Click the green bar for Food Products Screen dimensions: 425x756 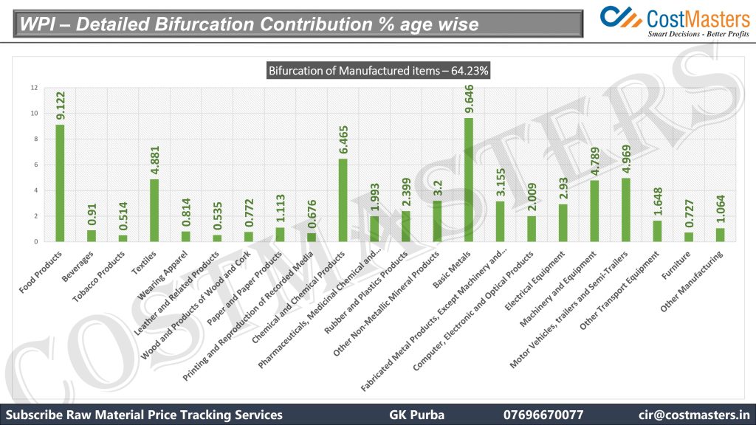coord(60,183)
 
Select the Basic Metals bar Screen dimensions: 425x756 coord(469,180)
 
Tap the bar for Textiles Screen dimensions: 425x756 coord(154,210)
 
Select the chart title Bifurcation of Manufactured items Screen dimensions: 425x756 coord(379,71)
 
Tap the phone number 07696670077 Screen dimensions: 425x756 coord(543,415)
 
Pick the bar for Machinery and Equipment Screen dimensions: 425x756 coord(594,211)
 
